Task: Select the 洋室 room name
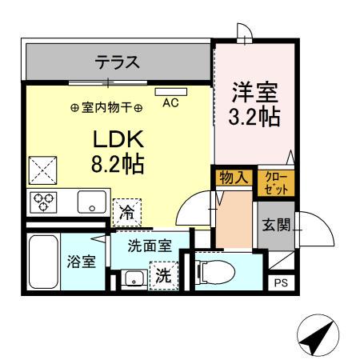pyautogui.click(x=255, y=90)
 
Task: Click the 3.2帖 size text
pyautogui.click(x=255, y=117)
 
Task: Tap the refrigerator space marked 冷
pyautogui.click(x=127, y=211)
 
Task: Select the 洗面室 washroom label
pyautogui.click(x=150, y=247)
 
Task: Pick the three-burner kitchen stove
pyautogui.click(x=43, y=202)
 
